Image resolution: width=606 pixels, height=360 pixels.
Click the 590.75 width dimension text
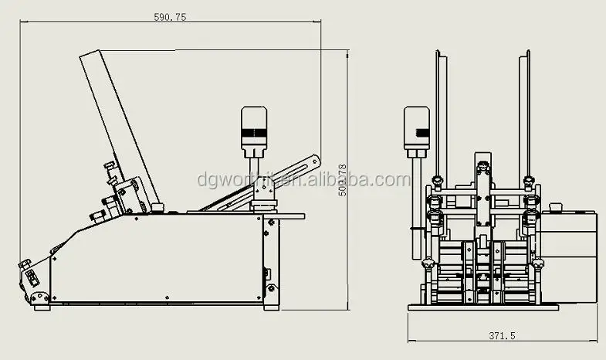[170, 16]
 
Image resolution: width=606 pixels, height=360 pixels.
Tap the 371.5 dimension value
[501, 335]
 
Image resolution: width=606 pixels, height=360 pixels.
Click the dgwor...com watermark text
[304, 181]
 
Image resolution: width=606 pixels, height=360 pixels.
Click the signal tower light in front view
[416, 128]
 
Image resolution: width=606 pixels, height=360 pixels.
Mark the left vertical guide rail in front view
[438, 116]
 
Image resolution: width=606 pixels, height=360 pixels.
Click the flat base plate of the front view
[483, 307]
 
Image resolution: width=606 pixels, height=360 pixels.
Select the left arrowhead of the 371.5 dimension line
[411, 341]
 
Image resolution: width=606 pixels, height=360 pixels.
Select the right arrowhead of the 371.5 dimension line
[594, 341]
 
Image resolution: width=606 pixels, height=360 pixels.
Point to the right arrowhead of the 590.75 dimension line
[319, 22]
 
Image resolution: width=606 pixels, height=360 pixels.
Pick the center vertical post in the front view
[482, 201]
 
